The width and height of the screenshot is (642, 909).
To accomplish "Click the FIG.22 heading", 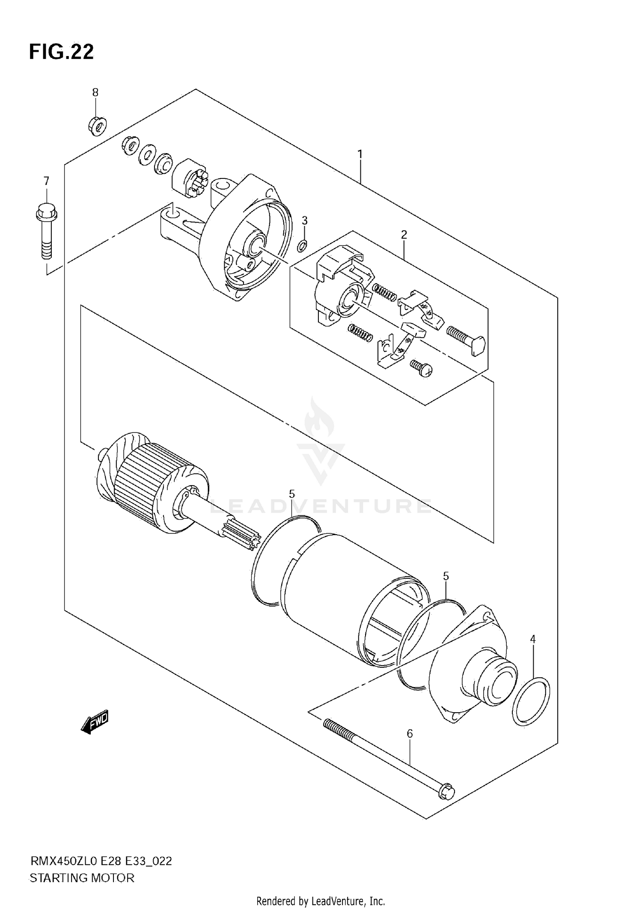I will (x=61, y=52).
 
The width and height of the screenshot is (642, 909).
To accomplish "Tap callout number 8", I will (x=95, y=92).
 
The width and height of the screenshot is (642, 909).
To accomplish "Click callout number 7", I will (x=46, y=181).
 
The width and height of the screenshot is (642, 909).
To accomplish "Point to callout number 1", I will (x=360, y=154).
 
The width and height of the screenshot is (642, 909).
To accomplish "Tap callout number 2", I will (x=404, y=234).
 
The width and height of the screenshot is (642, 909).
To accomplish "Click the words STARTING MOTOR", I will (x=82, y=878).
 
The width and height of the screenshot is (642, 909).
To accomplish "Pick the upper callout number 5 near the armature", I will (x=291, y=494).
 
